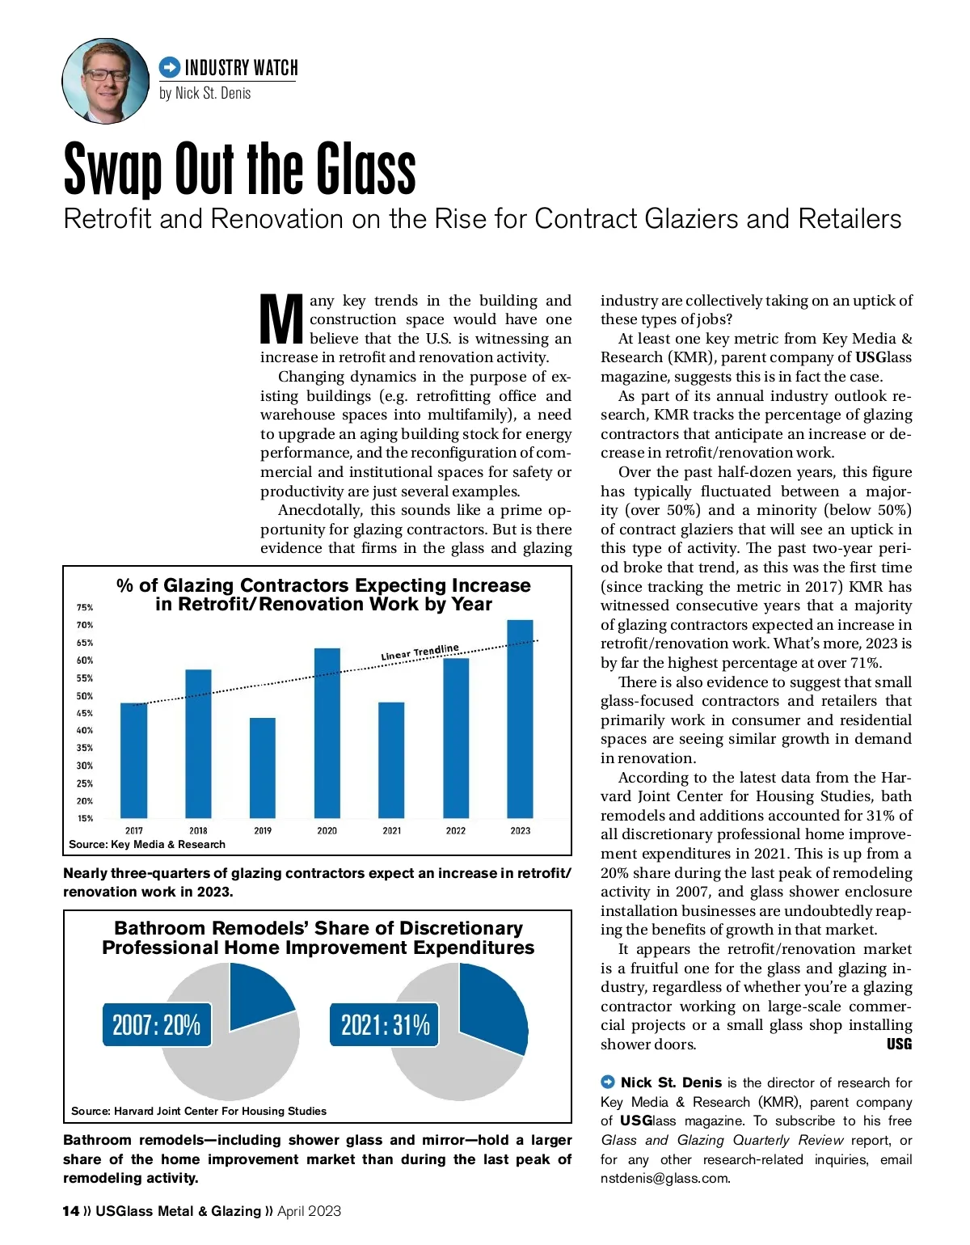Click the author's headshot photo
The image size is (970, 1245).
coord(106,81)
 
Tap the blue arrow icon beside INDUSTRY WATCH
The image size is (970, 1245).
coord(170,67)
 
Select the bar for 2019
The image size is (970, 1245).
coord(263,768)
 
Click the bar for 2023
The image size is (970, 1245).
coord(520,719)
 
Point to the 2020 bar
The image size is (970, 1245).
coord(327,733)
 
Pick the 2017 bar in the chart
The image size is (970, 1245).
coord(134,761)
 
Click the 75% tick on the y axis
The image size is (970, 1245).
coord(85,607)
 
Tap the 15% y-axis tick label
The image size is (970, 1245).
coord(85,818)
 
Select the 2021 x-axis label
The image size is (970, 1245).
coord(391,830)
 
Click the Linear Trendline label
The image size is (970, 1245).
coord(420,652)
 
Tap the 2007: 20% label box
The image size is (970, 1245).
coord(157,1025)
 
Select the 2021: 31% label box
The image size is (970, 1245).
coord(385,1025)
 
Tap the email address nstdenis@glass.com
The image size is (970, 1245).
coord(664,1178)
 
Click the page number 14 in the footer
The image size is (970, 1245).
coord(71,1210)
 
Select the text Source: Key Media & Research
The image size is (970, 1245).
coord(147,844)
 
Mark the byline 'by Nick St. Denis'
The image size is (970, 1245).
coord(205,93)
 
